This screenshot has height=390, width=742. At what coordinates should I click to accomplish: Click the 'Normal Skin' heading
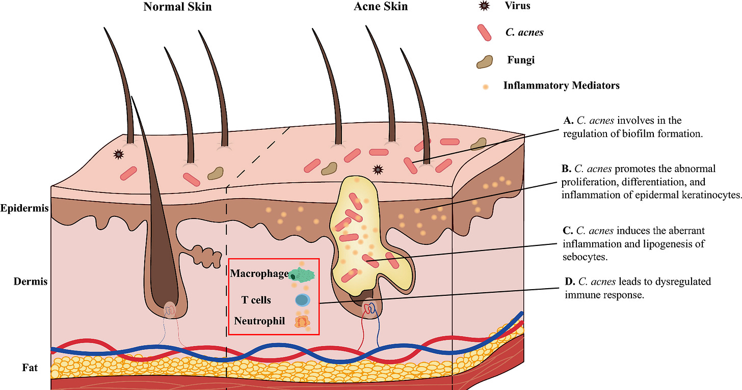coord(177,7)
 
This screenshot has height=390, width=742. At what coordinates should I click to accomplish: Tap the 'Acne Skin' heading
coord(381,7)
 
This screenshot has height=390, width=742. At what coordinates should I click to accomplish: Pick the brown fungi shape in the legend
coord(484,61)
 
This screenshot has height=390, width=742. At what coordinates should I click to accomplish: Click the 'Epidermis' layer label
coord(24,209)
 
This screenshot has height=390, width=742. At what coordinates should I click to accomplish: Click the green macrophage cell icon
coord(302,275)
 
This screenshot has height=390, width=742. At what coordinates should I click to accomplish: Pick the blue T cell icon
coord(302,300)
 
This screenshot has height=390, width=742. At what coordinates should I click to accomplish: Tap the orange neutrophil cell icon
coord(302,321)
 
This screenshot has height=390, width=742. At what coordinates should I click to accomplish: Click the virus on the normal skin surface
coord(119,153)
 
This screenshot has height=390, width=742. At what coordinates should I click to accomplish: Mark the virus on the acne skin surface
coord(378,169)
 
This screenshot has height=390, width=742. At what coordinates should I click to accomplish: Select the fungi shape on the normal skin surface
coord(216,173)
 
